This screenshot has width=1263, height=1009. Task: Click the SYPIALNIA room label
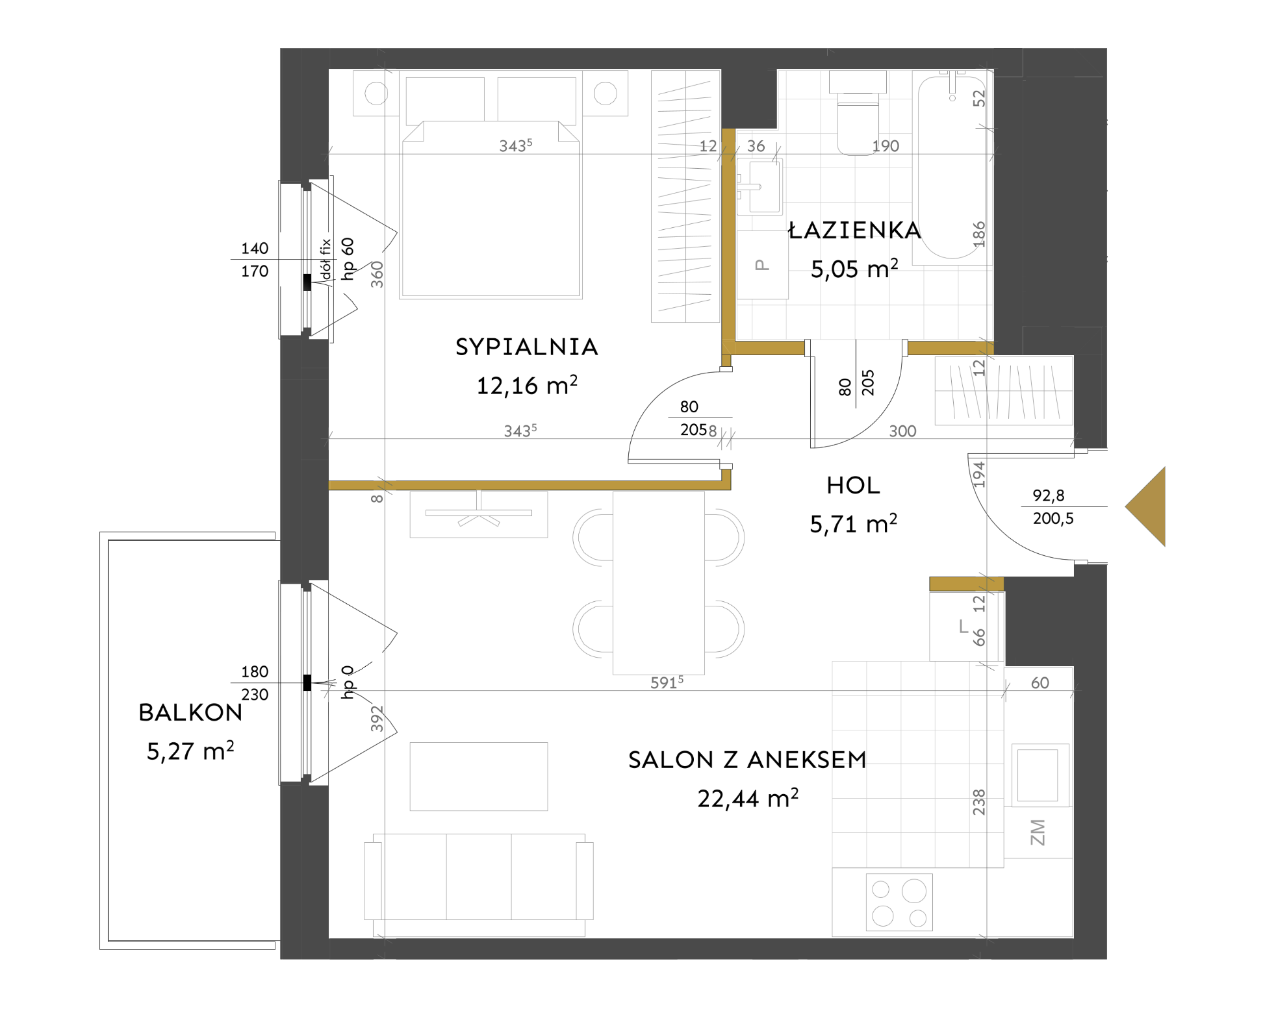click(526, 347)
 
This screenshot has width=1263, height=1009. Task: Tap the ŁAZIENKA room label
click(854, 230)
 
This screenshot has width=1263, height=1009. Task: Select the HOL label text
click(853, 485)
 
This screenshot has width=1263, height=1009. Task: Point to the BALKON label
click(190, 712)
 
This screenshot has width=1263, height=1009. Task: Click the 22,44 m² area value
click(748, 798)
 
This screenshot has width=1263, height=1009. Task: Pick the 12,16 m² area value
click(527, 385)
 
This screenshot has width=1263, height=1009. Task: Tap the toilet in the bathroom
click(858, 113)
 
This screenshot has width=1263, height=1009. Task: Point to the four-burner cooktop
click(899, 901)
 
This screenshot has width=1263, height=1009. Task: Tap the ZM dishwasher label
click(1038, 832)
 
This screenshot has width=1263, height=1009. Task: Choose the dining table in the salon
click(659, 583)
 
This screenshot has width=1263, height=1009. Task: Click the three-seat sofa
click(479, 884)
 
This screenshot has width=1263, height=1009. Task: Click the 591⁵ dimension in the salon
click(667, 682)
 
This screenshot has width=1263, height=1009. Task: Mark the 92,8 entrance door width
click(1048, 495)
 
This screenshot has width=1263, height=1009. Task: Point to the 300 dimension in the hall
click(902, 431)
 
